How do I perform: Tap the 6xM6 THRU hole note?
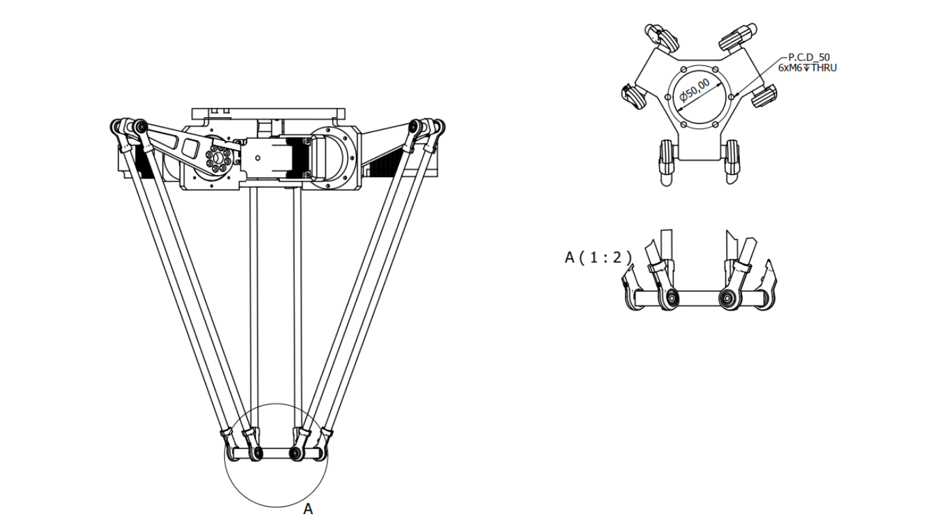(x=807, y=67)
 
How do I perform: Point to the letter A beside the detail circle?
(x=308, y=509)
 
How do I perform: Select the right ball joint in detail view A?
(x=726, y=297)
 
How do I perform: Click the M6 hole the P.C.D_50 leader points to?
(x=731, y=96)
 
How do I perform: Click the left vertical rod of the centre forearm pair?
(x=253, y=306)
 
